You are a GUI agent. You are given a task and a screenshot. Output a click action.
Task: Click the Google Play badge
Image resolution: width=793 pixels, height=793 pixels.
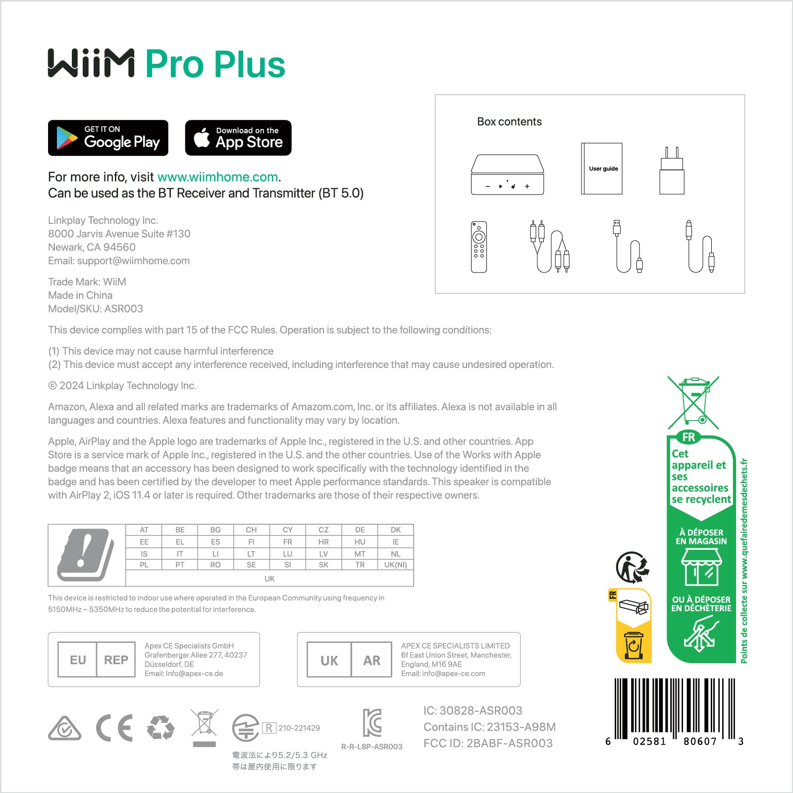coord(108,138)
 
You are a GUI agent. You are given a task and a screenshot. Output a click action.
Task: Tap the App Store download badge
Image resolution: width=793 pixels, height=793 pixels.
coord(238,138)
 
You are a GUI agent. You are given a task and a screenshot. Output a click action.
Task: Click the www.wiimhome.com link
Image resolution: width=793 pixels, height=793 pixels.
coord(217,177)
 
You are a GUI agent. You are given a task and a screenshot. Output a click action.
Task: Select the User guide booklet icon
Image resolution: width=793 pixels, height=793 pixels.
coord(602,168)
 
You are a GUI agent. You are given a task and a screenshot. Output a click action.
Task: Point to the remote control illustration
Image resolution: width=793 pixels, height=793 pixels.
coord(478,247)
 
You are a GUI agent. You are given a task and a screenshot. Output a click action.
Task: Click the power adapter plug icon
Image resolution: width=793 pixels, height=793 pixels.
coord(672,171)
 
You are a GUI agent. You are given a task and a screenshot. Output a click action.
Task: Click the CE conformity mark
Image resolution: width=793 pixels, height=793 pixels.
coord(114,728)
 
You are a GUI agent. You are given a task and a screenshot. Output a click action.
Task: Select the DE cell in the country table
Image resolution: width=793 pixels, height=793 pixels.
coord(360,530)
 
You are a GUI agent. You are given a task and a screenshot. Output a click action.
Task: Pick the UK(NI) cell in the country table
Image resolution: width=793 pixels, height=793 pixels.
coord(395,565)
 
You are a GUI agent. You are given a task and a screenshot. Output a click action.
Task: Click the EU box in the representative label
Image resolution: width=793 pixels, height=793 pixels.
coord(78,660)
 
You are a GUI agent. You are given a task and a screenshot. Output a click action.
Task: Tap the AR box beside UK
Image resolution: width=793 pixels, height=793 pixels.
coord(371,660)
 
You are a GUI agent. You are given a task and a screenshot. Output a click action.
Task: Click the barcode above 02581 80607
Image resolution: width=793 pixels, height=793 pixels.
coord(674,708)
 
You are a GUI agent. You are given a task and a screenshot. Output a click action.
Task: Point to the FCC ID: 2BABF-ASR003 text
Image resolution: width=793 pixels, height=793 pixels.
coord(488,743)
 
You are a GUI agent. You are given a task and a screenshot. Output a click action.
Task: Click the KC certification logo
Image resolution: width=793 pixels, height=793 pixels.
coord(372,722)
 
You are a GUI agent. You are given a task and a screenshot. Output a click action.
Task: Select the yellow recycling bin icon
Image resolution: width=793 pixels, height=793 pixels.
coord(634,645)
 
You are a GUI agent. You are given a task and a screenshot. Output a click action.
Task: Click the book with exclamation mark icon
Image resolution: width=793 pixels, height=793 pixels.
coord(86,555)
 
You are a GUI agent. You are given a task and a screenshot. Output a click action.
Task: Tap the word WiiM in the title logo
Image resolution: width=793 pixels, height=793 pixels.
coord(91,63)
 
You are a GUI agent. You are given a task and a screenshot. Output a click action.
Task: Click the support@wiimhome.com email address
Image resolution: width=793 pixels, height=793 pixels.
coord(133,261)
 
